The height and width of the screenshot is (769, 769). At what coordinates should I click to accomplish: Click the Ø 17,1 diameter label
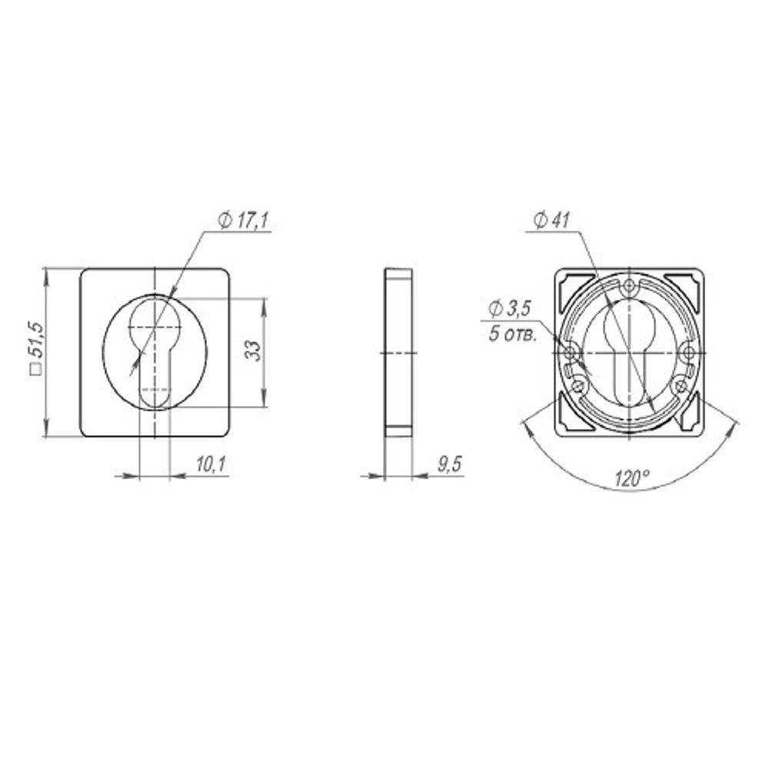tap(243, 221)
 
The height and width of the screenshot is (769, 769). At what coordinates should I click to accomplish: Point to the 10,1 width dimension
tap(211, 464)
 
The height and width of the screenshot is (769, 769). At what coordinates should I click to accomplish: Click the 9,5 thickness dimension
tap(450, 464)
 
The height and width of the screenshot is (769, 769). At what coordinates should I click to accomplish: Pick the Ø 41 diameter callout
tap(551, 221)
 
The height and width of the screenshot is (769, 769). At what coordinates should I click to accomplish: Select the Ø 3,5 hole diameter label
tap(510, 308)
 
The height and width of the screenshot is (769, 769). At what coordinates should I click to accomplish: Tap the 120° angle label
tap(632, 478)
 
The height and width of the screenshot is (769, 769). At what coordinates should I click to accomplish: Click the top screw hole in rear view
tap(629, 286)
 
